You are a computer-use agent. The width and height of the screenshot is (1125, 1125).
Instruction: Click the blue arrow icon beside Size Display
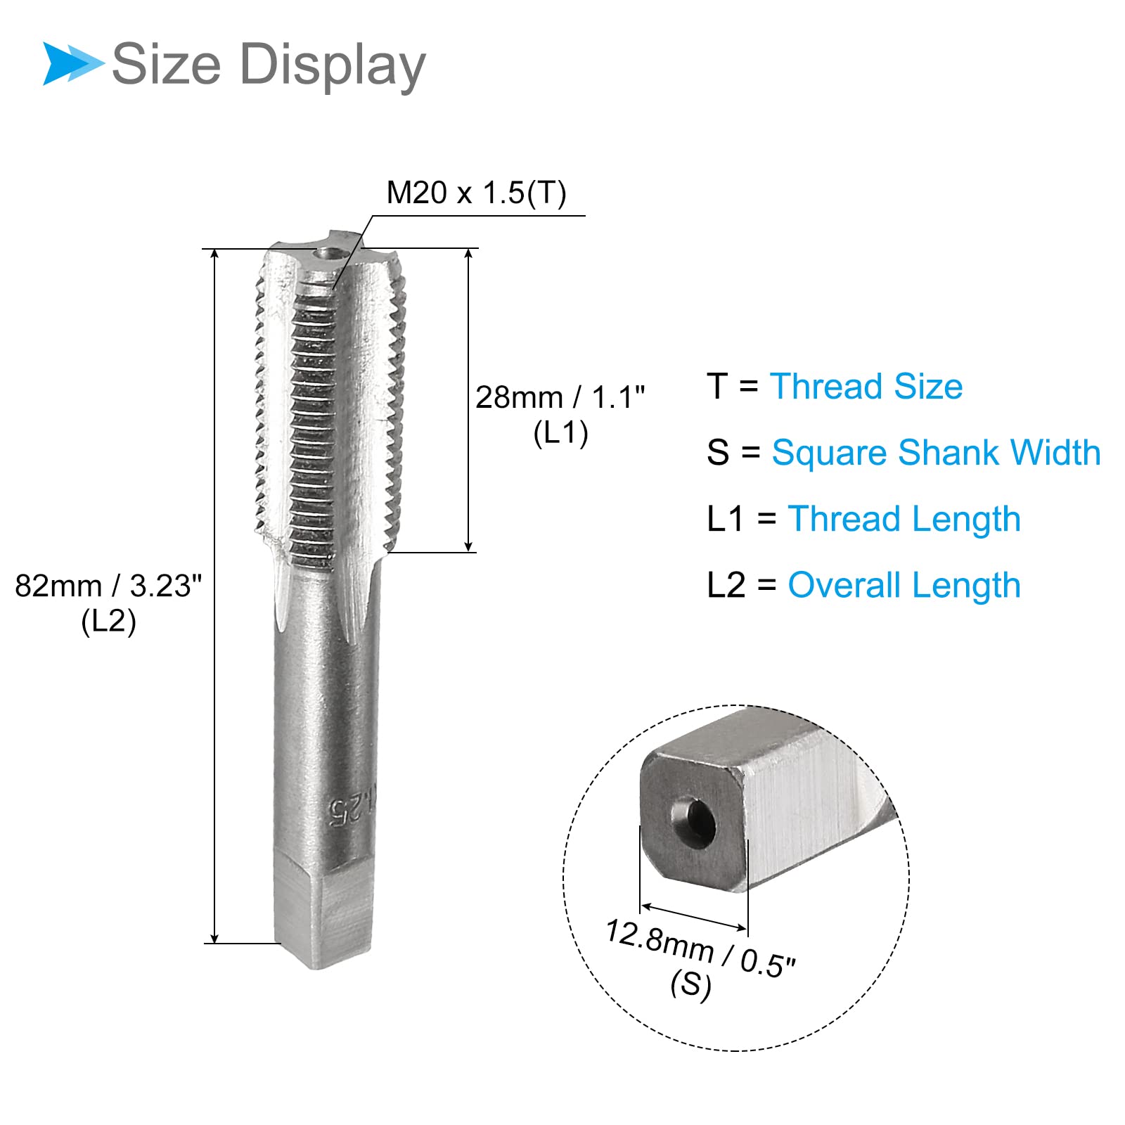[x=72, y=64]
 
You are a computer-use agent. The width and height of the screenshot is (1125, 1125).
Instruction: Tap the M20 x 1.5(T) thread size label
[x=476, y=193]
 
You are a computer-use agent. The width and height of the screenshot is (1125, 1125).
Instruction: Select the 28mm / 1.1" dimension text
[x=560, y=397]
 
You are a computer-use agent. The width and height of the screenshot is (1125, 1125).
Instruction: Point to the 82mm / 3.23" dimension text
[x=108, y=586]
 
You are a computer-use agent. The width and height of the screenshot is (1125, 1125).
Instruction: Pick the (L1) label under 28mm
[x=560, y=433]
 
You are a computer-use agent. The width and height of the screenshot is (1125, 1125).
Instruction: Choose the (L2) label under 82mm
[x=108, y=622]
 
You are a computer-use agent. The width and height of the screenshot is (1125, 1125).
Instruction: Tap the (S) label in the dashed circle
[x=690, y=984]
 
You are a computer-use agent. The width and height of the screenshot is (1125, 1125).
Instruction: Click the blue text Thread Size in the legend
[x=866, y=387]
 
